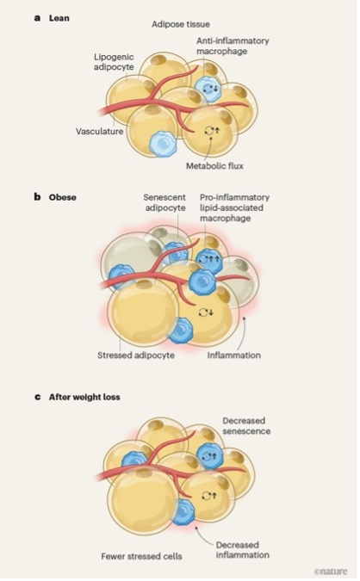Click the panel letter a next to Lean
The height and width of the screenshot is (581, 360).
tap(37, 18)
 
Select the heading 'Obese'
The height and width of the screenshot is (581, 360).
tap(62, 197)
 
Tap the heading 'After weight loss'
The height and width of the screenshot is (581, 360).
tap(84, 397)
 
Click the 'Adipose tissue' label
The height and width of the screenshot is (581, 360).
tap(181, 24)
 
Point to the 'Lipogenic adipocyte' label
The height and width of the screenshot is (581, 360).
tap(114, 62)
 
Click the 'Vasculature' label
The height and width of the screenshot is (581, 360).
tap(99, 132)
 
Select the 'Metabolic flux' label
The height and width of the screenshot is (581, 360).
tap(214, 166)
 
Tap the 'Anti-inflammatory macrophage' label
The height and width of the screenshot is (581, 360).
tap(233, 46)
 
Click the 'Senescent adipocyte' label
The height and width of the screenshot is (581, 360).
tap(164, 202)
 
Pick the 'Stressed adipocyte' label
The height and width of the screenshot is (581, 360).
tap(136, 355)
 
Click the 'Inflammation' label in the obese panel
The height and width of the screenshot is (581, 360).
tap(233, 355)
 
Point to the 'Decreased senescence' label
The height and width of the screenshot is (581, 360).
tap(246, 426)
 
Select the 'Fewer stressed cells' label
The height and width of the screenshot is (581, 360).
tap(141, 556)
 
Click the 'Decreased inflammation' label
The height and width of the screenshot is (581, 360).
tap(243, 550)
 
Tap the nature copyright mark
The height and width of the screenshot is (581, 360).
tap(331, 572)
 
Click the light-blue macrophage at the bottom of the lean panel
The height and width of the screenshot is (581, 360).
tap(163, 144)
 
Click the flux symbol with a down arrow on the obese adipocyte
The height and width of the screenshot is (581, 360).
tap(206, 312)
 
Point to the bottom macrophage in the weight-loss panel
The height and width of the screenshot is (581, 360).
tap(183, 512)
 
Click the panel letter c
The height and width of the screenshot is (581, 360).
tap(37, 397)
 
